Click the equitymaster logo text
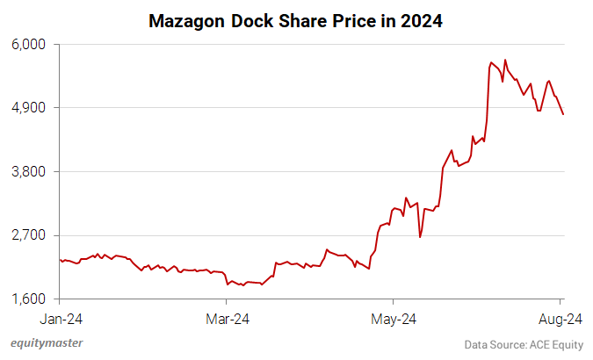click(x=47, y=344)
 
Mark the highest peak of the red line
click(x=505, y=60)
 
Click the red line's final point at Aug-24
click(x=563, y=114)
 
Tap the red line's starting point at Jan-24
click(x=60, y=259)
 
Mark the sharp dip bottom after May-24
click(x=420, y=237)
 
